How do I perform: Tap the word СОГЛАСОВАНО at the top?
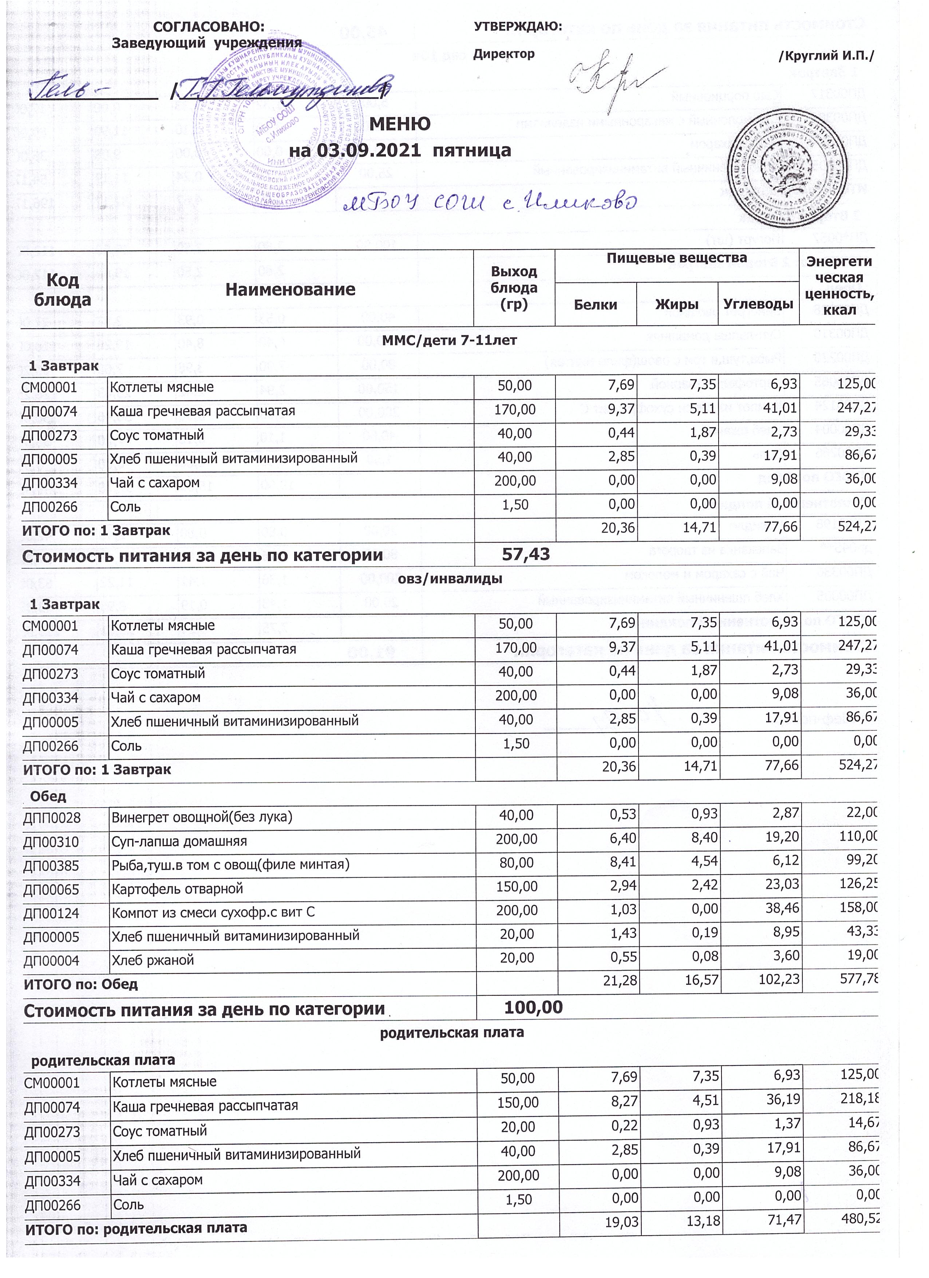point(209,27)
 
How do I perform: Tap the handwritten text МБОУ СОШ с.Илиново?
point(490,203)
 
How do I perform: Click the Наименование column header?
point(290,289)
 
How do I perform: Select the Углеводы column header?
point(758,304)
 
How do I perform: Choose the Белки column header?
point(596,305)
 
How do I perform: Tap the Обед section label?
point(48,796)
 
